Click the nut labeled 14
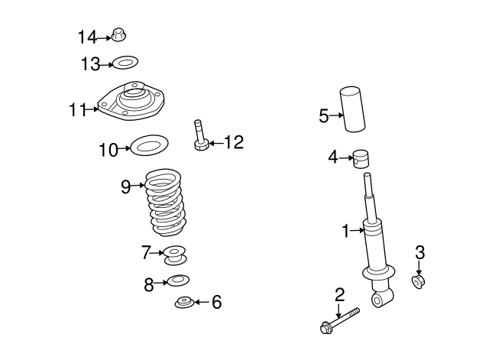pos(118,35)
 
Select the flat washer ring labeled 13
pos(125,63)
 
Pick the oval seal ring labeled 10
pos(149,144)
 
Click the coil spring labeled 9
pos(166,202)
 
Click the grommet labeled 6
pos(183,303)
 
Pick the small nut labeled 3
pos(419,283)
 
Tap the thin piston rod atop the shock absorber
pos(370,191)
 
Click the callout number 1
pos(345,229)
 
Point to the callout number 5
pos(323,116)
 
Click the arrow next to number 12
pos(215,142)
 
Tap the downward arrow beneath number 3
pos(419,267)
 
